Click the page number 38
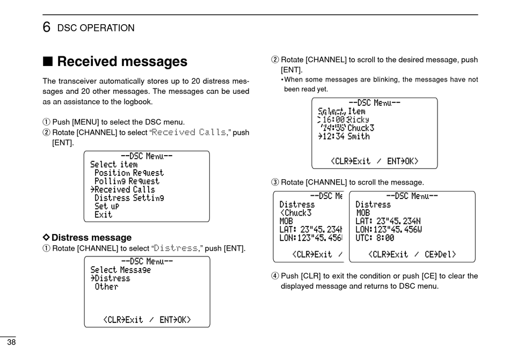(x=11, y=343)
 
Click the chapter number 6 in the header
(x=47, y=27)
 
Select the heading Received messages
(x=122, y=62)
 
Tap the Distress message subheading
(x=91, y=237)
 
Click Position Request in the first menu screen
(x=129, y=173)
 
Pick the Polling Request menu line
(x=127, y=181)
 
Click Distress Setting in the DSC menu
(x=129, y=198)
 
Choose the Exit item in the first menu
(x=103, y=215)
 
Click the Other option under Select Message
(x=106, y=286)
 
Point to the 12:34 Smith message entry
(x=344, y=136)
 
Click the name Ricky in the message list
(x=359, y=120)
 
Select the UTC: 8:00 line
(x=375, y=238)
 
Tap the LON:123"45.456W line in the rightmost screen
(x=388, y=229)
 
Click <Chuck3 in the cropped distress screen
(x=296, y=212)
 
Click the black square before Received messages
(x=47, y=62)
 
